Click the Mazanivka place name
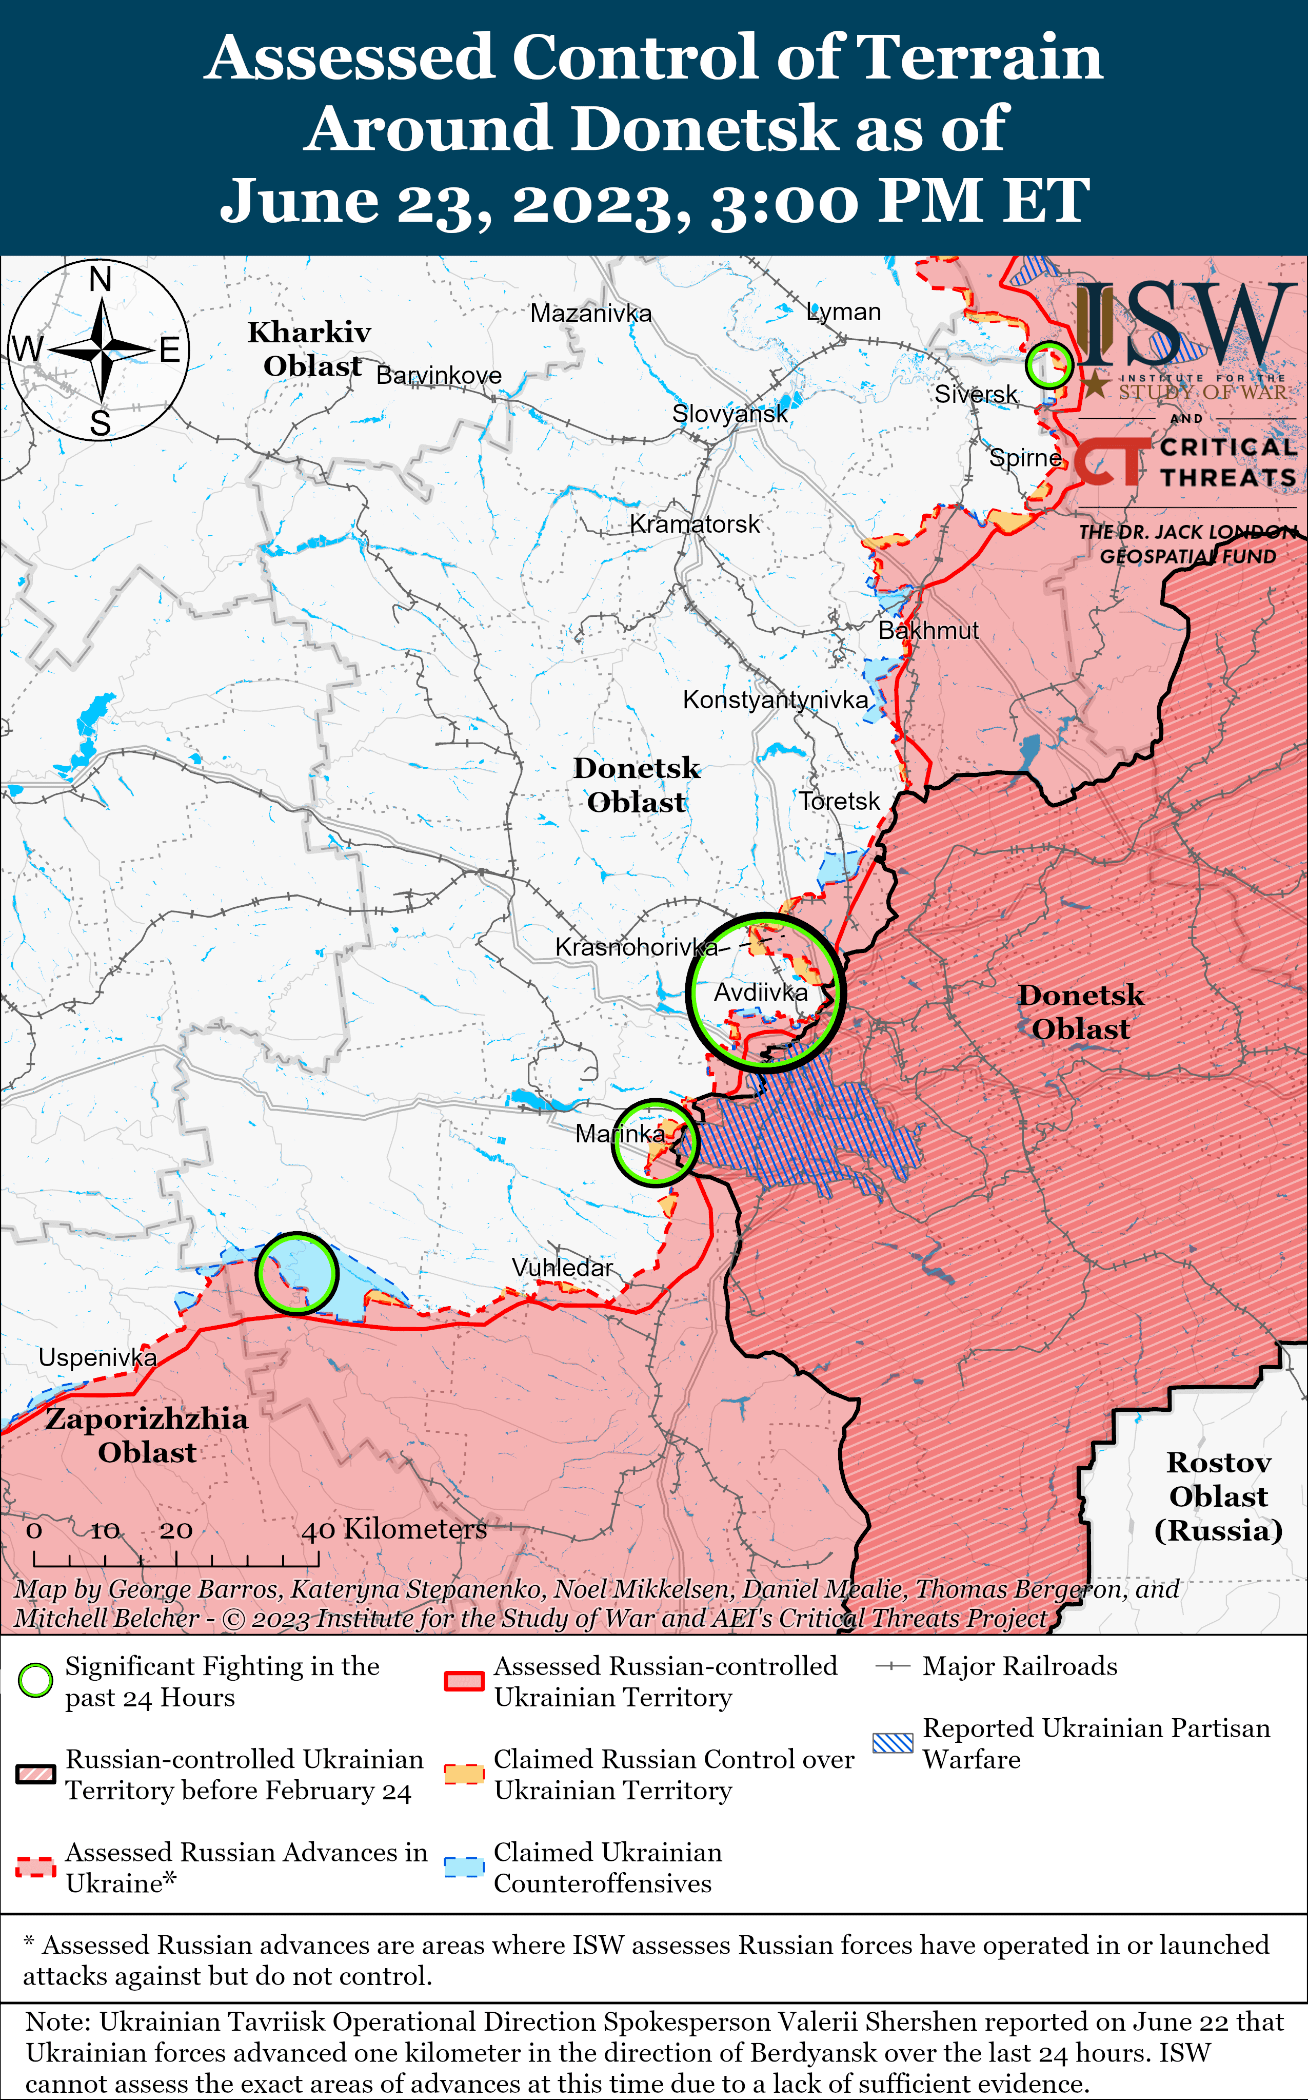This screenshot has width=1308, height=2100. [591, 313]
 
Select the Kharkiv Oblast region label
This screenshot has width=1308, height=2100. [310, 348]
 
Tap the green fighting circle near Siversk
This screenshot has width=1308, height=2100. [1048, 365]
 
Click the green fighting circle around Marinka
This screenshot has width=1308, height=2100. [655, 1142]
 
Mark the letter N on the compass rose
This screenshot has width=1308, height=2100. [101, 280]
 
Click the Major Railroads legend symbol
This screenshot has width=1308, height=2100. [892, 1666]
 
